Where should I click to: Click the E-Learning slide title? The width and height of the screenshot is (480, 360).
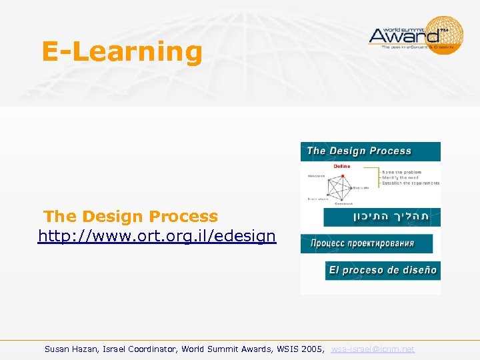click(x=121, y=52)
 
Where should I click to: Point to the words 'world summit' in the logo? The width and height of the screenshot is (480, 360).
click(x=393, y=22)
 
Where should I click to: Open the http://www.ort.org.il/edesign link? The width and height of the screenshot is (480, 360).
click(x=157, y=236)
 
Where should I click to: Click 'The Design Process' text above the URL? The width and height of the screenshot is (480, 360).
click(x=131, y=217)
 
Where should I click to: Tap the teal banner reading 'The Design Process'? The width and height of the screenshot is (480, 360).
click(x=370, y=151)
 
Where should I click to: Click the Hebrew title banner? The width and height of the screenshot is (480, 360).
click(x=381, y=217)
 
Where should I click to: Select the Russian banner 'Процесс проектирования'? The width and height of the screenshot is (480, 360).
click(x=366, y=243)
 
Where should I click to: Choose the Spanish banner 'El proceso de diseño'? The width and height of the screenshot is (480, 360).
click(x=383, y=270)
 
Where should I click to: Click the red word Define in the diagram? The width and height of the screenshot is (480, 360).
click(x=341, y=167)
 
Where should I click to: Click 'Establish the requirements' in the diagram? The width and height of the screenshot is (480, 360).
click(x=411, y=183)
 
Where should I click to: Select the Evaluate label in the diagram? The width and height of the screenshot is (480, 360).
click(x=361, y=188)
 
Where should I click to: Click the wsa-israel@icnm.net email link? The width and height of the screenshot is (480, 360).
click(x=373, y=349)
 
